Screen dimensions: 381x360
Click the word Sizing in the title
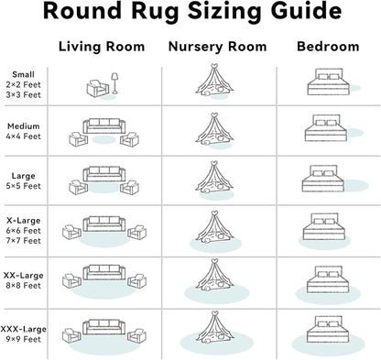point(226,12)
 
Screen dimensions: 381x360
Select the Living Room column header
point(102,47)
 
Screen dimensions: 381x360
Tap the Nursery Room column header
point(218,47)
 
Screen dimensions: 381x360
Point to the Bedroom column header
point(328,47)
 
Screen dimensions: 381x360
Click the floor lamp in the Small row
point(114,83)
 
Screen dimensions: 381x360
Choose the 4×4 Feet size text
point(24,136)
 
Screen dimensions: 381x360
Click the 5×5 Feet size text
point(24,186)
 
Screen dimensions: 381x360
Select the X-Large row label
point(24,221)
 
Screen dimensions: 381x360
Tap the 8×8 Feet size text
point(24,286)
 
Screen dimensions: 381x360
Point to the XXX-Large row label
point(24,329)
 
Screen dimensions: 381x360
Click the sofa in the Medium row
point(104,125)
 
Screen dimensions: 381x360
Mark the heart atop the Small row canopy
point(214,66)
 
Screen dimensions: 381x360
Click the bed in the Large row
point(323,179)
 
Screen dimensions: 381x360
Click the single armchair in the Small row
point(98,89)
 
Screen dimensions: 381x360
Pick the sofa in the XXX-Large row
point(104,327)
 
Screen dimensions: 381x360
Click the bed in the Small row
point(328,82)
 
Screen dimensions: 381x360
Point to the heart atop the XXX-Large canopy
point(215,313)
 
